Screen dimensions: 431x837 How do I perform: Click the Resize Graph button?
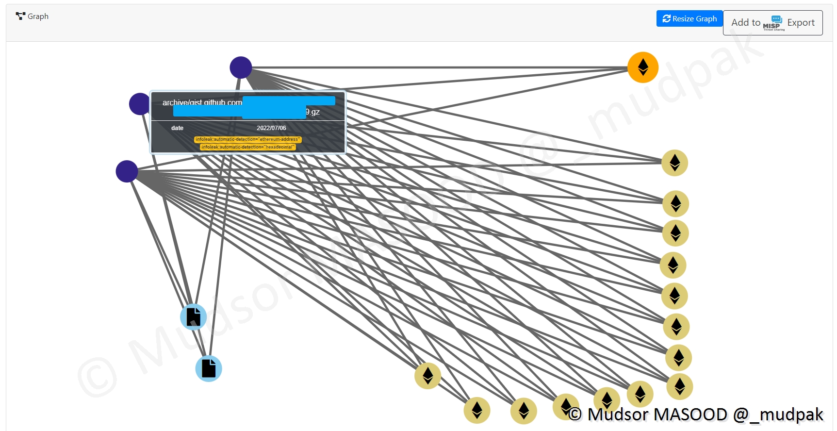pos(689,18)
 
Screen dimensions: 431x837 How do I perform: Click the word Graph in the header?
pos(38,17)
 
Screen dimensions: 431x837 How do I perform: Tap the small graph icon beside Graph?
pos(20,16)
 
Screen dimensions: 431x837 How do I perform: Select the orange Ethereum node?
pos(642,67)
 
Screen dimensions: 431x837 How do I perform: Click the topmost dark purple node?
pos(241,67)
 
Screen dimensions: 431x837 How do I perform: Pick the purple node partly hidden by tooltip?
pos(139,104)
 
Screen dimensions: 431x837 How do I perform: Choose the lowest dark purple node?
pos(127,171)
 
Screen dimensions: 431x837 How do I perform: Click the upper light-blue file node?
pos(193,317)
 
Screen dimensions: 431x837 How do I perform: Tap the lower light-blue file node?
pos(209,368)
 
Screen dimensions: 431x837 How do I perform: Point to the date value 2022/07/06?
pos(271,128)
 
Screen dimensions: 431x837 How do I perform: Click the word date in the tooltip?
pos(177,128)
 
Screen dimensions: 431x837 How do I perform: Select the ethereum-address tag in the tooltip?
pos(247,139)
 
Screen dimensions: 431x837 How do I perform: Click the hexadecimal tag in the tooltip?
pos(247,147)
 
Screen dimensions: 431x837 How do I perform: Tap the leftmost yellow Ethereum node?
pos(427,376)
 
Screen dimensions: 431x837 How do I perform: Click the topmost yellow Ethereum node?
pos(674,163)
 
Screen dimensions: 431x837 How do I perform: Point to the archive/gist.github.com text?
pos(202,102)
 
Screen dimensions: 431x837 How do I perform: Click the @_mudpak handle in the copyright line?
pos(778,414)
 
